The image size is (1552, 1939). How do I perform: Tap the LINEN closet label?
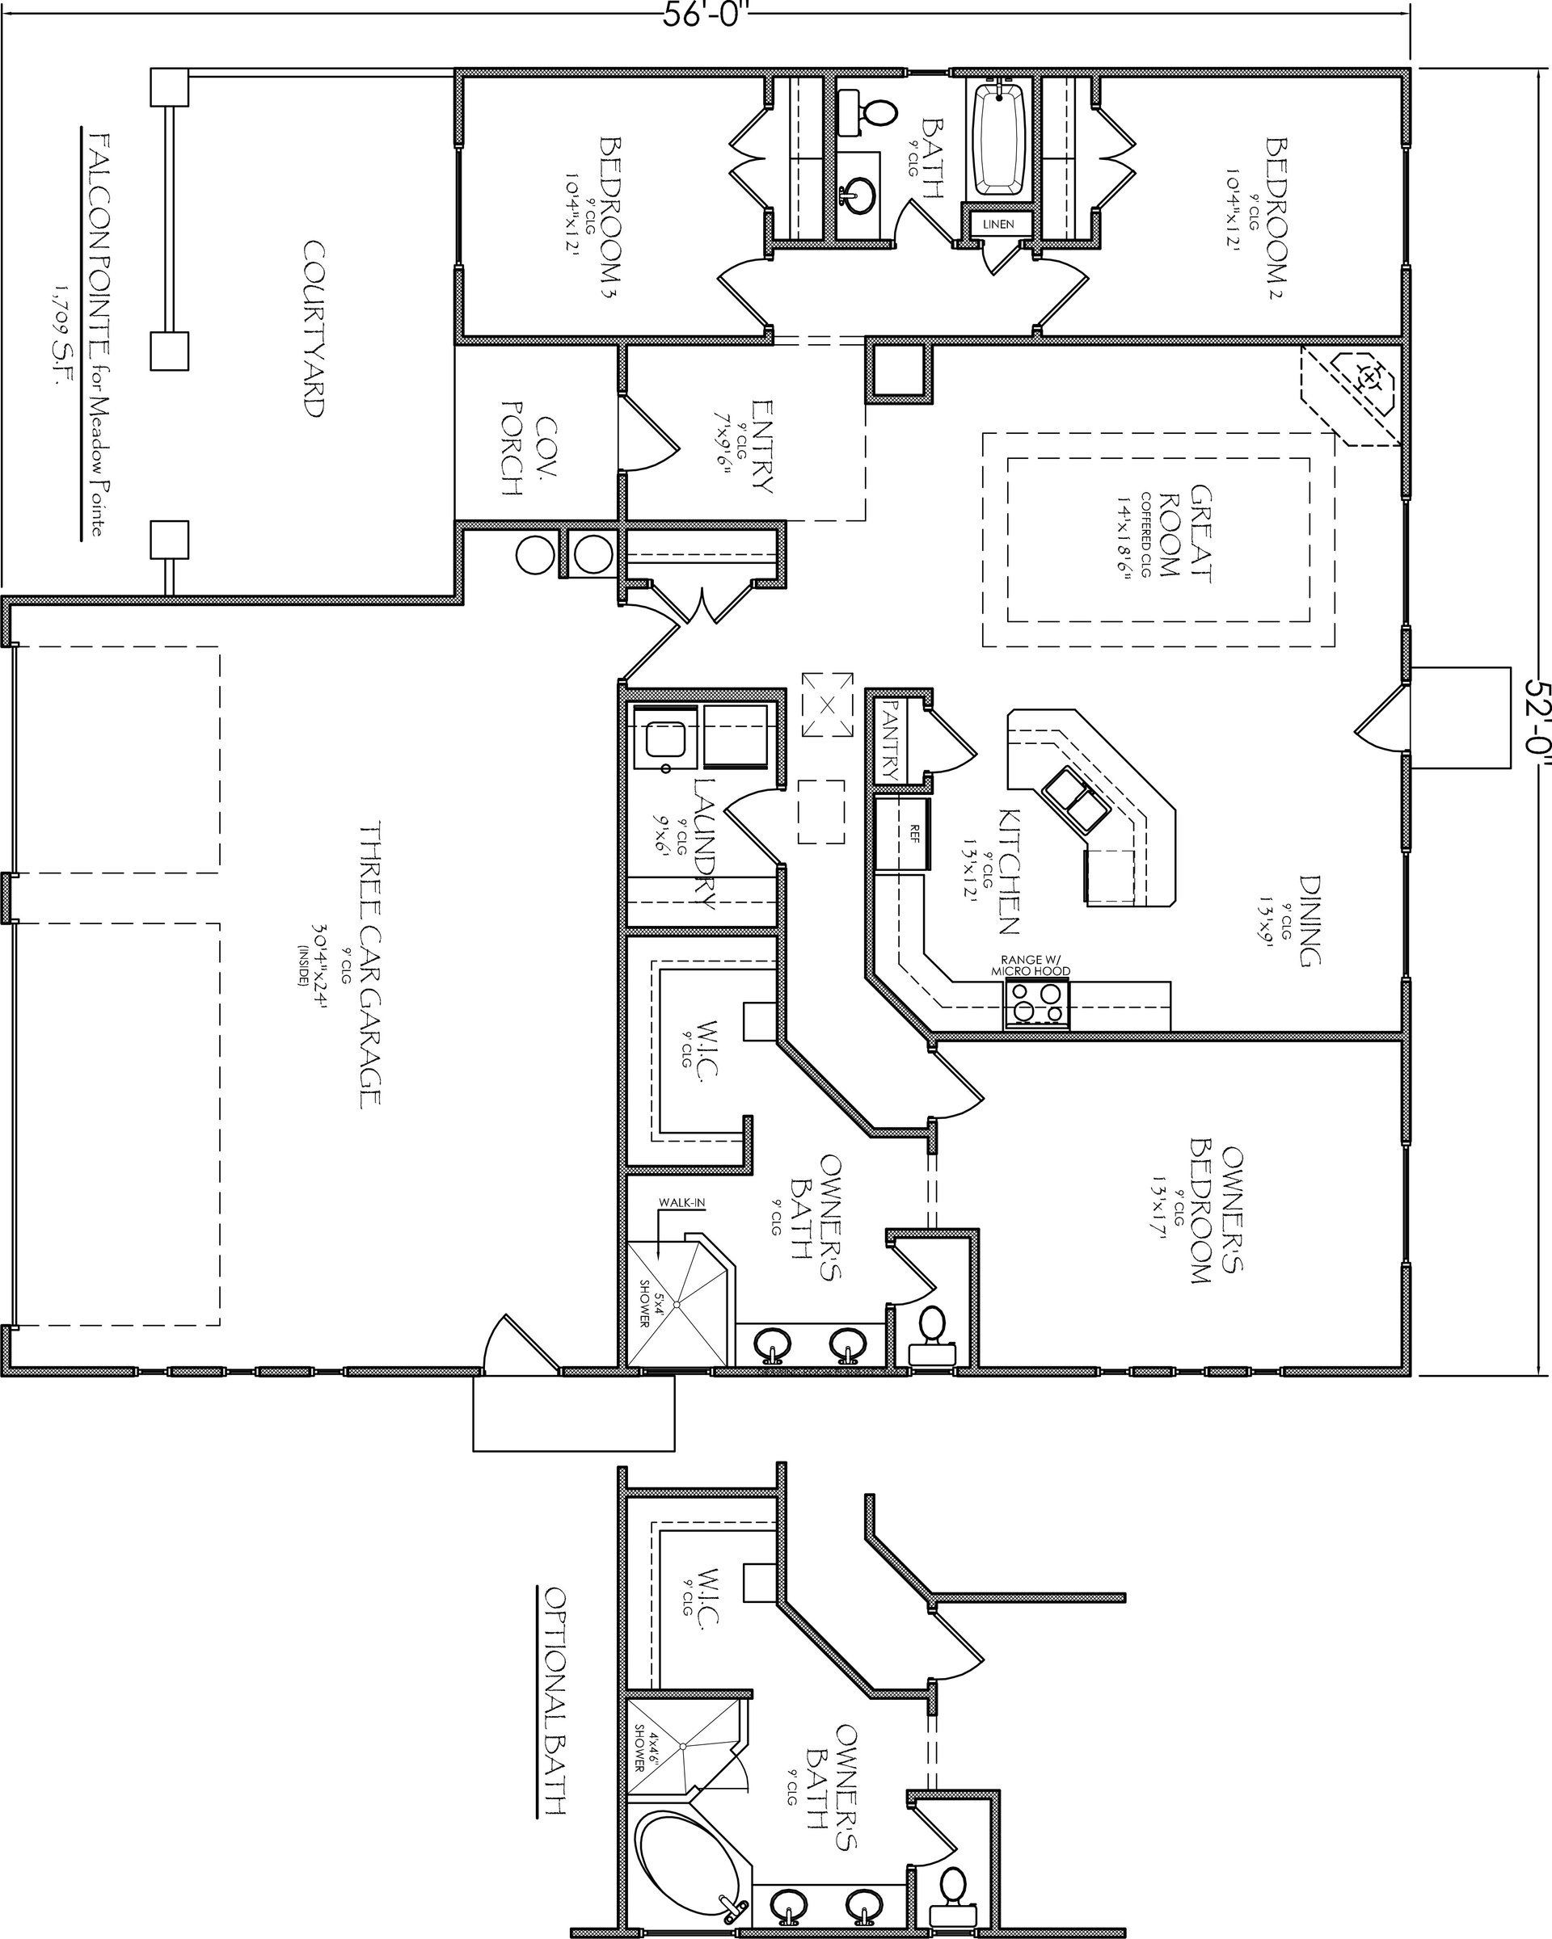[x=997, y=224]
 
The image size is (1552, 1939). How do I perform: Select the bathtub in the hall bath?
[x=1002, y=137]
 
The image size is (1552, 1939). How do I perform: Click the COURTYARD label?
[x=312, y=329]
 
